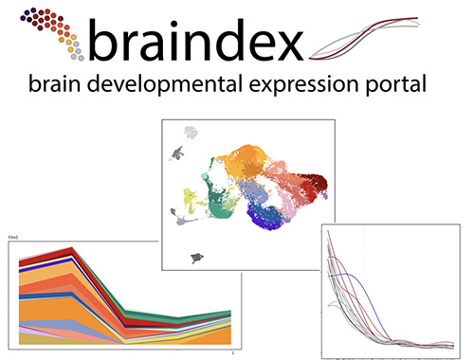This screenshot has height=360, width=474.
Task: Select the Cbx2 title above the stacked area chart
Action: click(x=14, y=242)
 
